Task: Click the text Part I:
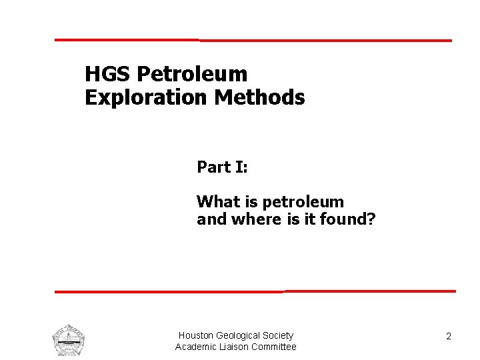(222, 167)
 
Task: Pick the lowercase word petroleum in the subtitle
(303, 203)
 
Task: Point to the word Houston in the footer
(195, 335)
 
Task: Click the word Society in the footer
(278, 335)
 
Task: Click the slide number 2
(449, 337)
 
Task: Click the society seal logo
(68, 340)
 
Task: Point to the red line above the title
(253, 40)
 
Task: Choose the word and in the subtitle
(211, 219)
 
